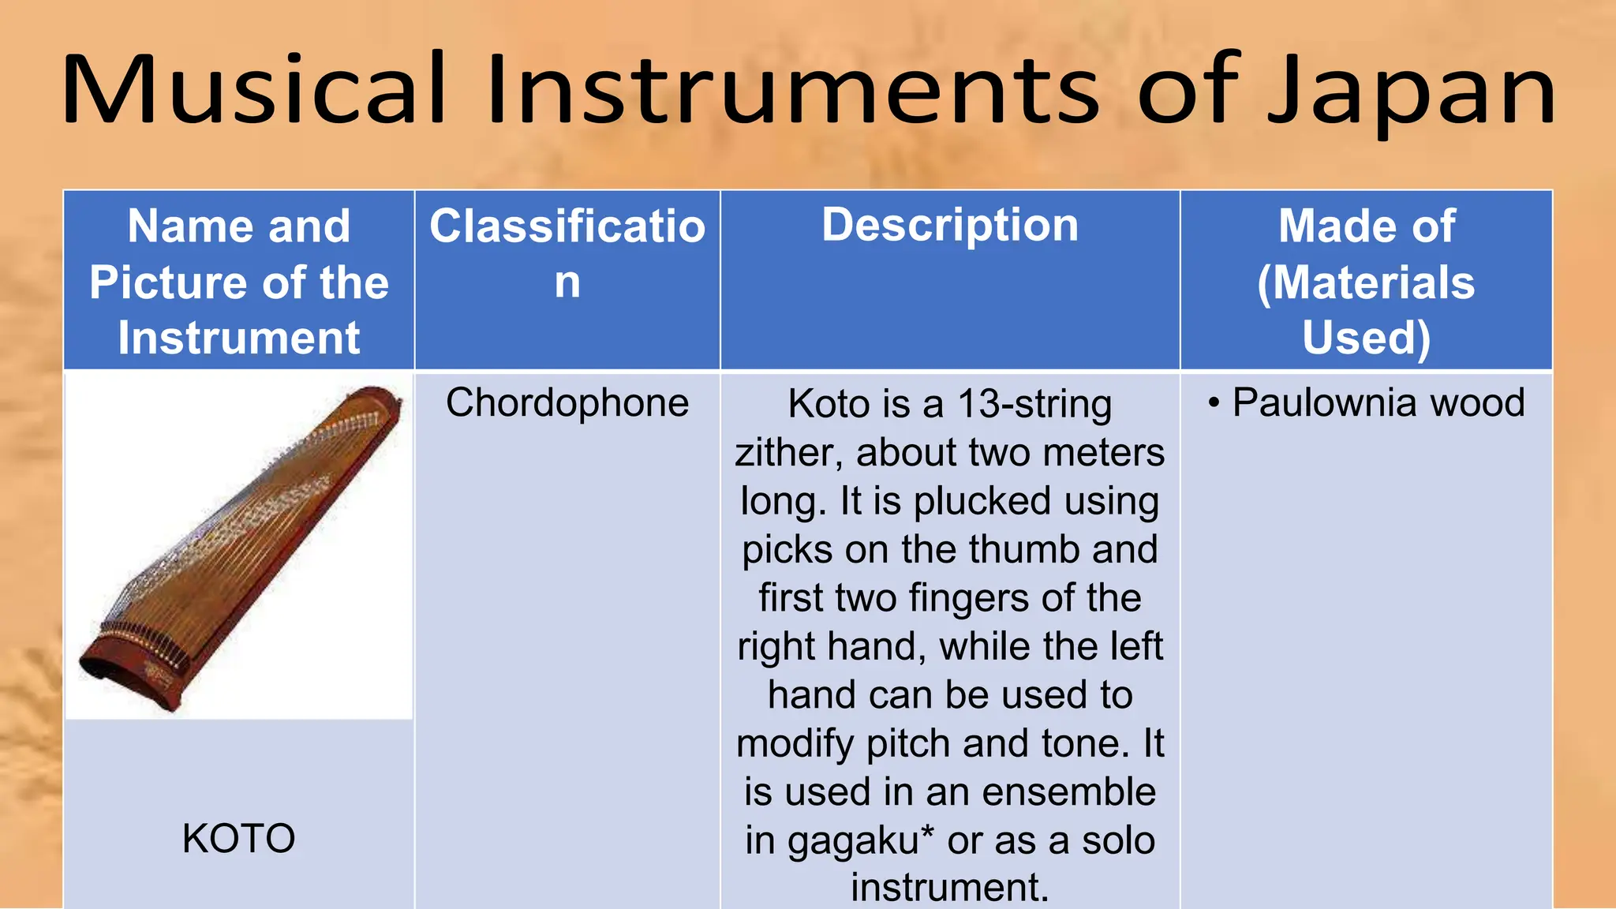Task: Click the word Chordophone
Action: pyautogui.click(x=567, y=403)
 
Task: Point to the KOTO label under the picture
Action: pyautogui.click(x=238, y=838)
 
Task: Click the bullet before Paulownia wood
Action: pyautogui.click(x=1214, y=403)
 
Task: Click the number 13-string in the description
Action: pyautogui.click(x=1034, y=405)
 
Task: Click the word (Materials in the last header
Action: pyautogui.click(x=1366, y=282)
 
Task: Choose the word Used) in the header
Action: pyautogui.click(x=1366, y=338)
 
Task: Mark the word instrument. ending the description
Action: pyautogui.click(x=950, y=888)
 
